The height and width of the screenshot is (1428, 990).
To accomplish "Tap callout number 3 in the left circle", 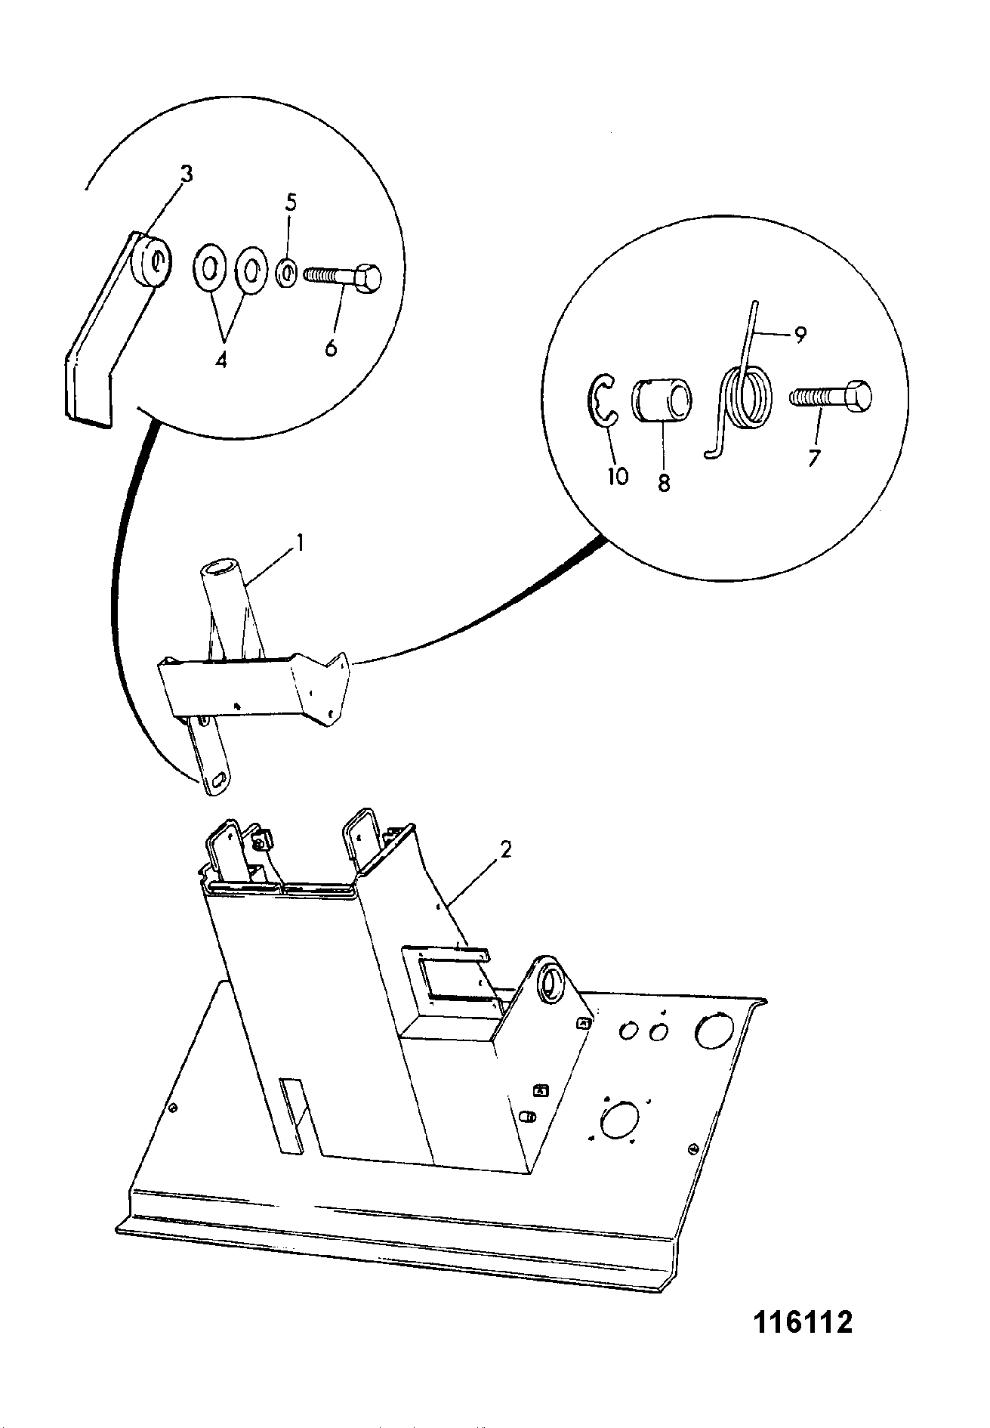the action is pyautogui.click(x=186, y=175).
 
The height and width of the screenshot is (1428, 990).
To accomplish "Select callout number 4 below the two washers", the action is pyautogui.click(x=221, y=360).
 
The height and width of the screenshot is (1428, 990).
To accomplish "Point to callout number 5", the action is pyautogui.click(x=291, y=203).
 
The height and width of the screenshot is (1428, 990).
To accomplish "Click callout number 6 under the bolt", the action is pyautogui.click(x=331, y=349).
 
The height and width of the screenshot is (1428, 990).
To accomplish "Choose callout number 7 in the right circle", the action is pyautogui.click(x=814, y=458).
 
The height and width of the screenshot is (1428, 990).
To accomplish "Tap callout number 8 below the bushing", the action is pyautogui.click(x=663, y=483).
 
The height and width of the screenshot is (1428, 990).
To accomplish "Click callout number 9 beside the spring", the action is pyautogui.click(x=799, y=334).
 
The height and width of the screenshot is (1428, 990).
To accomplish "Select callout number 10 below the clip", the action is pyautogui.click(x=618, y=476).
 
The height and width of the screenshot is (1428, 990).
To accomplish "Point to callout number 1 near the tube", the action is pyautogui.click(x=299, y=543).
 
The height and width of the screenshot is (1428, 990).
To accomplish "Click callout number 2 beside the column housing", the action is pyautogui.click(x=505, y=850).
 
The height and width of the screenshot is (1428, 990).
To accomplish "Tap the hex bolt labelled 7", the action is pyautogui.click(x=830, y=397).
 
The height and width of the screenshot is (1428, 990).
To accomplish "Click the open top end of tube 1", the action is pyautogui.click(x=216, y=568).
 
